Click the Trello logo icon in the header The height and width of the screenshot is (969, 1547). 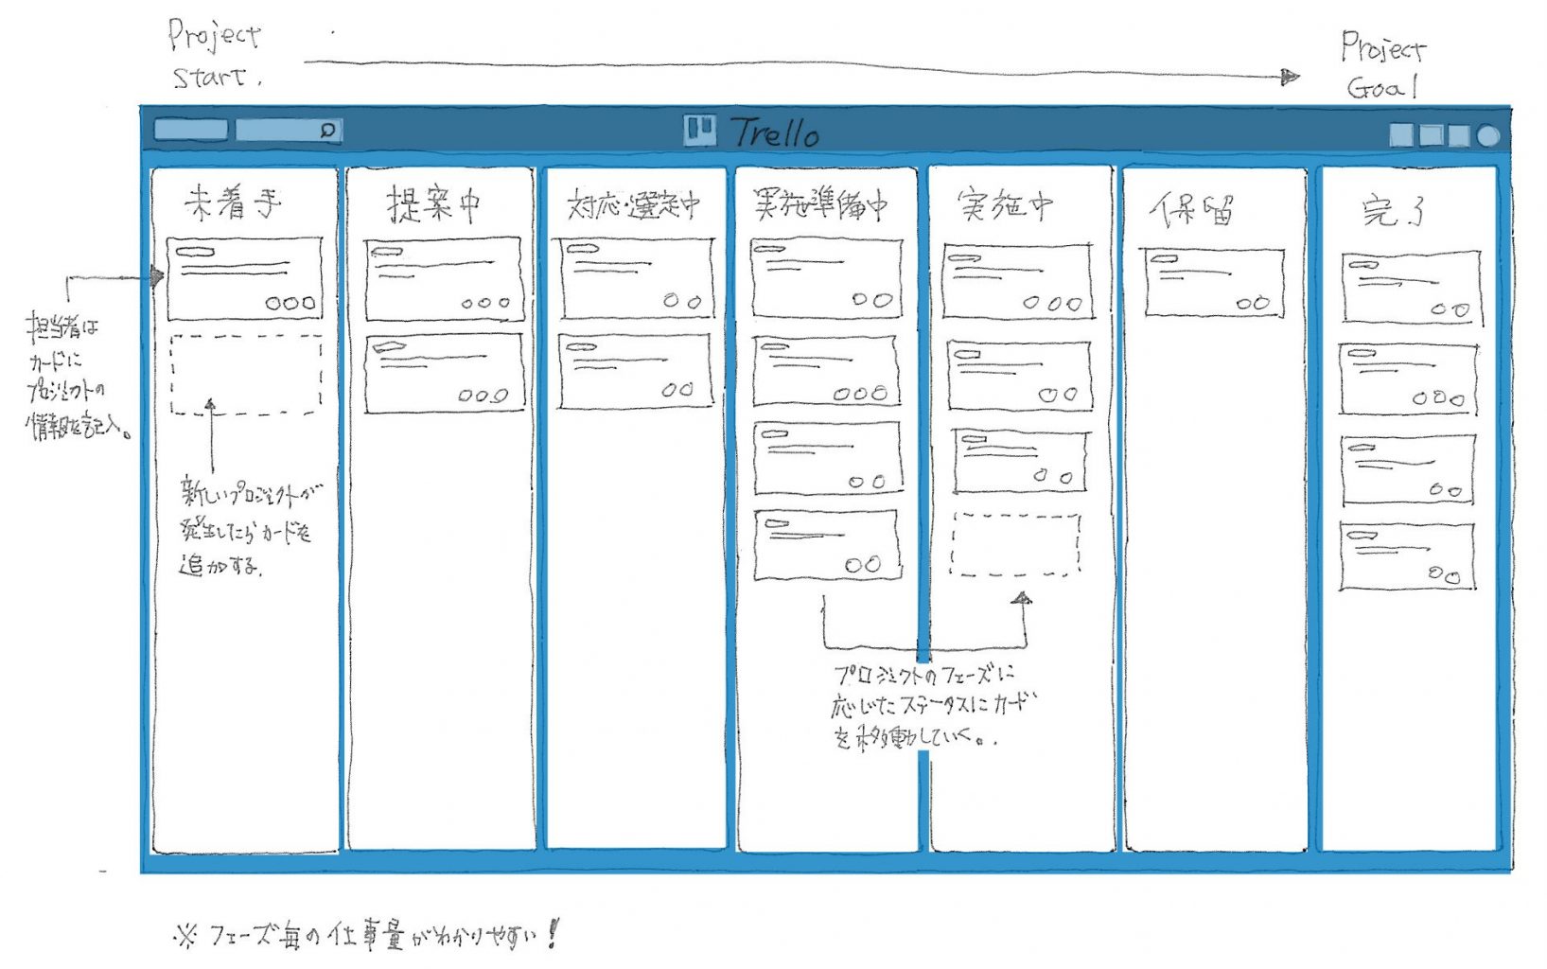pyautogui.click(x=699, y=130)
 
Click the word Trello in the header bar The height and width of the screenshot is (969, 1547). pyautogui.click(x=775, y=132)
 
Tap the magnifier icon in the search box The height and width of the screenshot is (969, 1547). pyautogui.click(x=327, y=131)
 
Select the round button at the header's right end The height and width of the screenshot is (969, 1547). pyautogui.click(x=1488, y=136)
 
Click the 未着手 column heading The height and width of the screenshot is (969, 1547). pyautogui.click(x=233, y=203)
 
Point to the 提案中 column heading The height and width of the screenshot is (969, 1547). pyautogui.click(x=433, y=203)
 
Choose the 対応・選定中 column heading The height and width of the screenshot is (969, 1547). pyautogui.click(x=633, y=204)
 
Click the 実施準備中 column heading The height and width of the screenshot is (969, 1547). pyautogui.click(x=820, y=203)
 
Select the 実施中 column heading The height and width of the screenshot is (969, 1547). pyautogui.click(x=1005, y=204)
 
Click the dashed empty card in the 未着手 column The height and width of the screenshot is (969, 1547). pyautogui.click(x=245, y=375)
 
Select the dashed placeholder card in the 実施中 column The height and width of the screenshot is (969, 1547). pyautogui.click(x=1015, y=544)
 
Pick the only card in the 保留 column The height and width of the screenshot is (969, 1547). pyautogui.click(x=1214, y=282)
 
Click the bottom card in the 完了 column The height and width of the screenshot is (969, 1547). pyautogui.click(x=1407, y=556)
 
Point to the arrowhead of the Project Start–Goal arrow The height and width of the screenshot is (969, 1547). pyautogui.click(x=1290, y=77)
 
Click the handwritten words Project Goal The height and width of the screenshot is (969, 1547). pyautogui.click(x=1382, y=65)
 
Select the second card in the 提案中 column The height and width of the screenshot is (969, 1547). pyautogui.click(x=444, y=373)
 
